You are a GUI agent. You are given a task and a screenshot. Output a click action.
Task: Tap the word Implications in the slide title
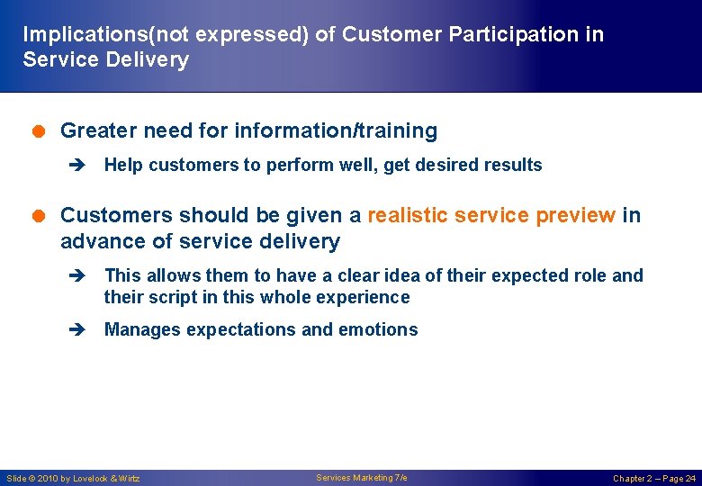(77, 35)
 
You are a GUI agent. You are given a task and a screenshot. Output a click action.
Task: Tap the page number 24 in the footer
(689, 479)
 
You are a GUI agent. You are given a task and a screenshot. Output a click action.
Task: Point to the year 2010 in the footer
(47, 479)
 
